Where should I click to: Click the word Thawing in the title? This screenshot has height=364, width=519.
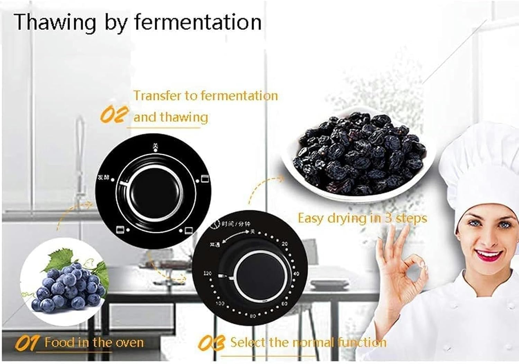[55, 22]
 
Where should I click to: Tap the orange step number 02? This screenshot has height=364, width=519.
[115, 114]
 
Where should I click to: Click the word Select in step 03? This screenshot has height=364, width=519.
[248, 343]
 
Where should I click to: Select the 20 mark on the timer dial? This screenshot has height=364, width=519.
[284, 244]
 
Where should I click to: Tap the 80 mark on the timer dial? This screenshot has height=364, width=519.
[253, 316]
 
